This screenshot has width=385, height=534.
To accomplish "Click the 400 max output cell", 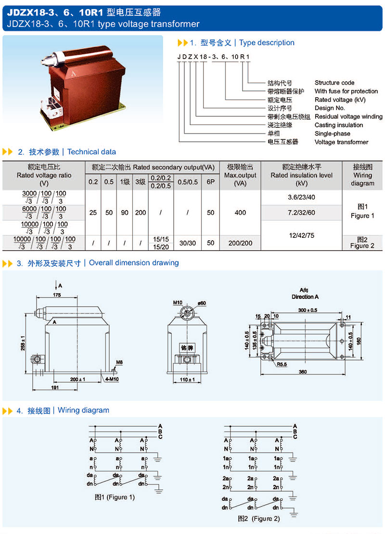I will (240, 212).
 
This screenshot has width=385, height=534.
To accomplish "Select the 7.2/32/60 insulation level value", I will (301, 212).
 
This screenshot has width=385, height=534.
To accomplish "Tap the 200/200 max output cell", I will (240, 243).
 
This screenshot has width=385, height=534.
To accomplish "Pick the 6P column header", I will (210, 182).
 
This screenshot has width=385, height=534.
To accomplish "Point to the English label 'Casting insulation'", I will (339, 125).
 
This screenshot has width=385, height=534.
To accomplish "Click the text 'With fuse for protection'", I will (346, 91).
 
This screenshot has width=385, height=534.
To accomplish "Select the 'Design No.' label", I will (330, 108).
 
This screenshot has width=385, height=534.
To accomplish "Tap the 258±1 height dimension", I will (23, 342).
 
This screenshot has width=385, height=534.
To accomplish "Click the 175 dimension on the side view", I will (57, 294).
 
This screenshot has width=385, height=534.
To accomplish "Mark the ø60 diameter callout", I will (202, 303).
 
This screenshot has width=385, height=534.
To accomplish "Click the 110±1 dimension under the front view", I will (188, 380).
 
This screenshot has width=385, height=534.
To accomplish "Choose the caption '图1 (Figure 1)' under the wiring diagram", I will (115, 497).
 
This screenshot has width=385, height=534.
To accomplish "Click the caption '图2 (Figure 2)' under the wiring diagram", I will (258, 519).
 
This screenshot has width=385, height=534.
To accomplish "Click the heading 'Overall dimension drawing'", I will (134, 263).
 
